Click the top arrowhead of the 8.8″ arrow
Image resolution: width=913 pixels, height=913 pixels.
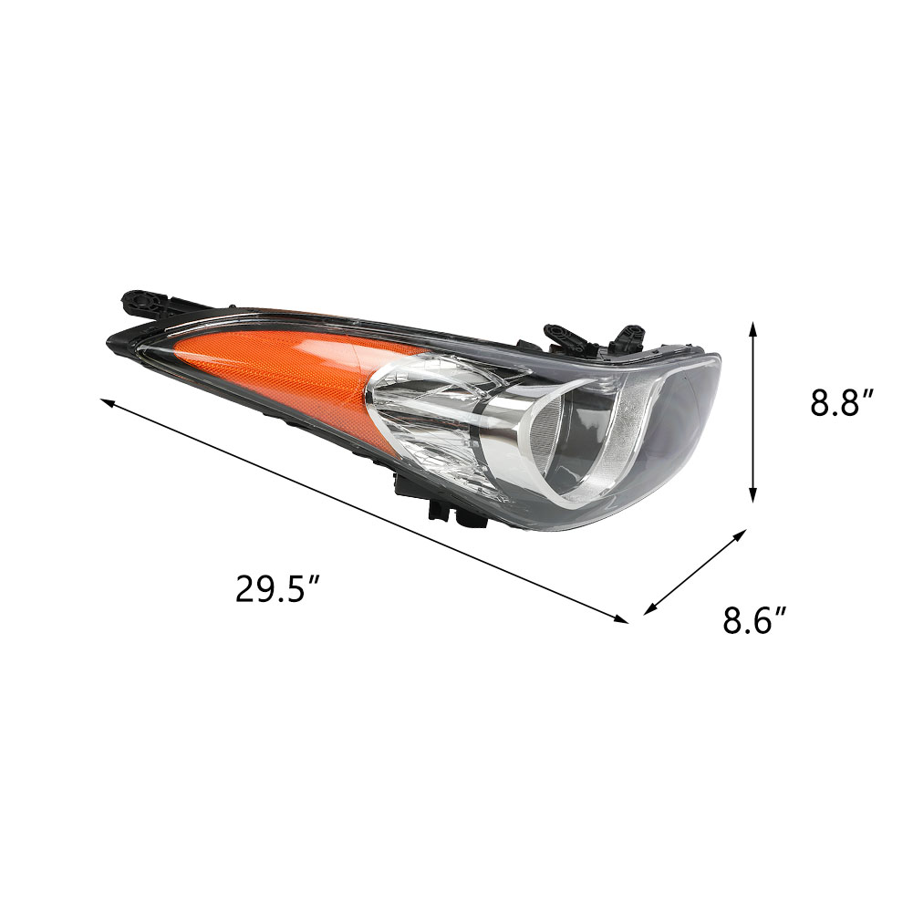pos(752,327)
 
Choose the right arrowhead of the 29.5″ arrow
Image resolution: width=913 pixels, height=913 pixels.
pos(622,619)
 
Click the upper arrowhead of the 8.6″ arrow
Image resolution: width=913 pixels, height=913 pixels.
pos(741,534)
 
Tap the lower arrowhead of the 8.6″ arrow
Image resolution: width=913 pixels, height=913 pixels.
pos(648,609)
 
